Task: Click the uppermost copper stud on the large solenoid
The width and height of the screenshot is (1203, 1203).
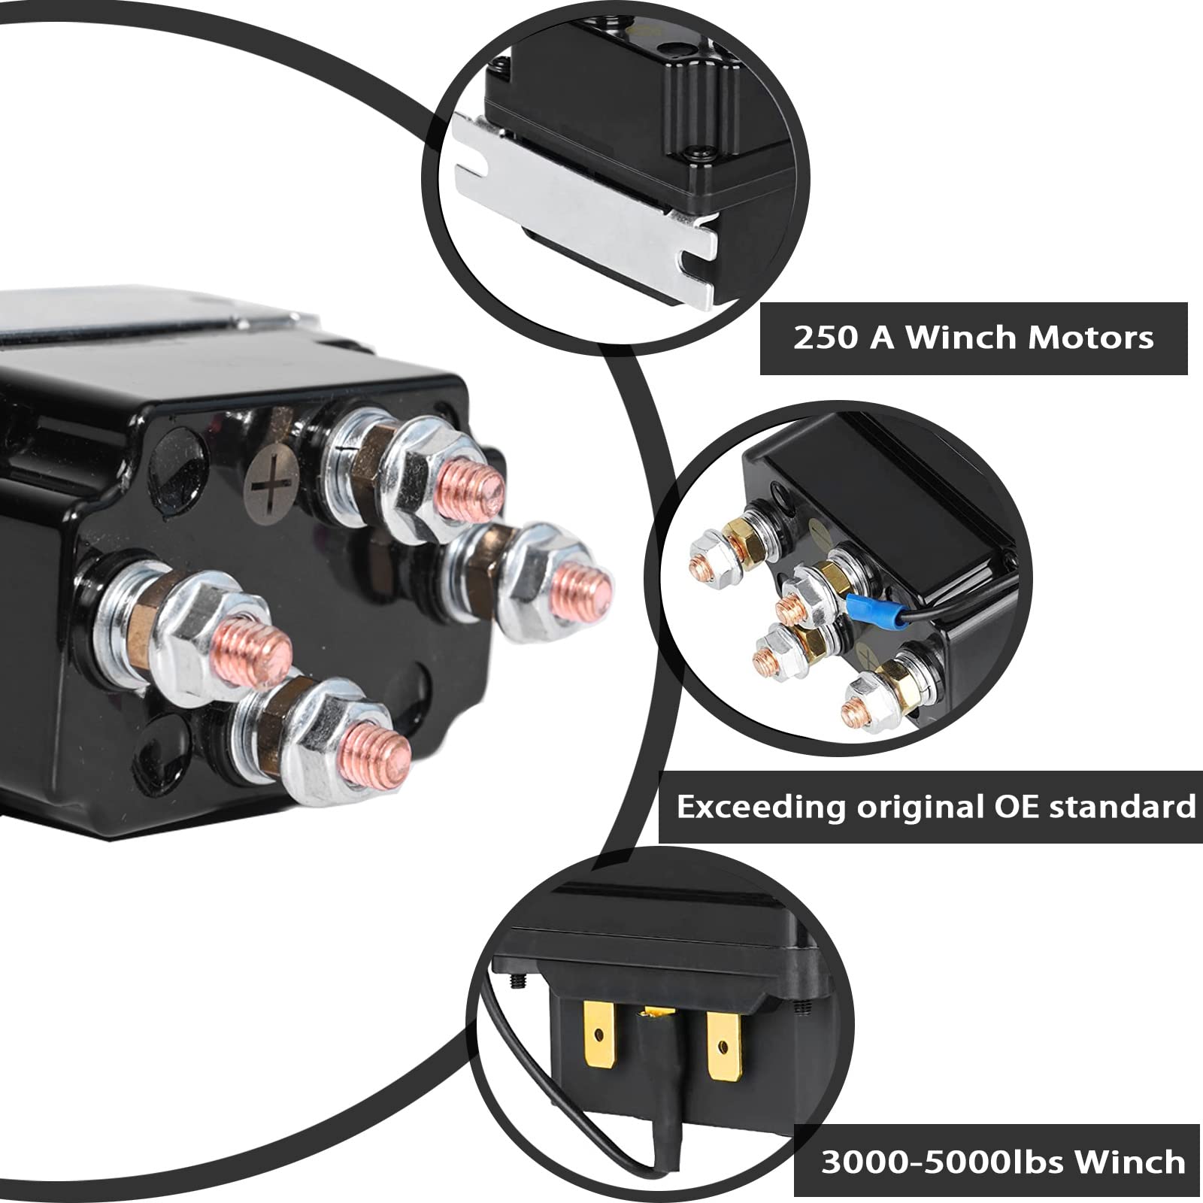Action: pyautogui.click(x=471, y=486)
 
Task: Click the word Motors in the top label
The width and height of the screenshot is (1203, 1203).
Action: pyautogui.click(x=1090, y=338)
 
